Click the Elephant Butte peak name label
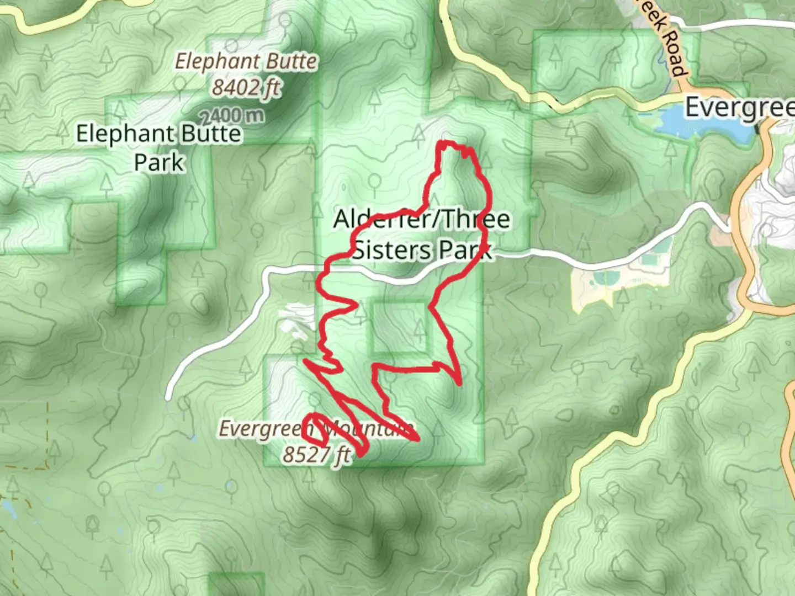point(246,61)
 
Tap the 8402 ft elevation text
point(246,87)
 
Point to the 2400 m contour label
point(232,116)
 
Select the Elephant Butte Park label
point(158,147)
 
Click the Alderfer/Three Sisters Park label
point(422,235)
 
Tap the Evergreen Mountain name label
point(315,429)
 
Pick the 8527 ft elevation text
point(316,455)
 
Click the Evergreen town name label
point(740,108)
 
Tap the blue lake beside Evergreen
point(701,124)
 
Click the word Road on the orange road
point(674,52)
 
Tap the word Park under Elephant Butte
point(158,162)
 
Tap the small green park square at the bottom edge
point(236,585)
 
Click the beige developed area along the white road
point(596,287)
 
